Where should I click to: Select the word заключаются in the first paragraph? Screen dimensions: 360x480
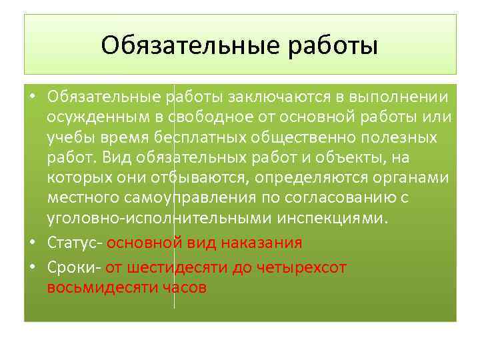tap(279, 99)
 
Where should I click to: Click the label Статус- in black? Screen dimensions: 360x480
tap(75, 243)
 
